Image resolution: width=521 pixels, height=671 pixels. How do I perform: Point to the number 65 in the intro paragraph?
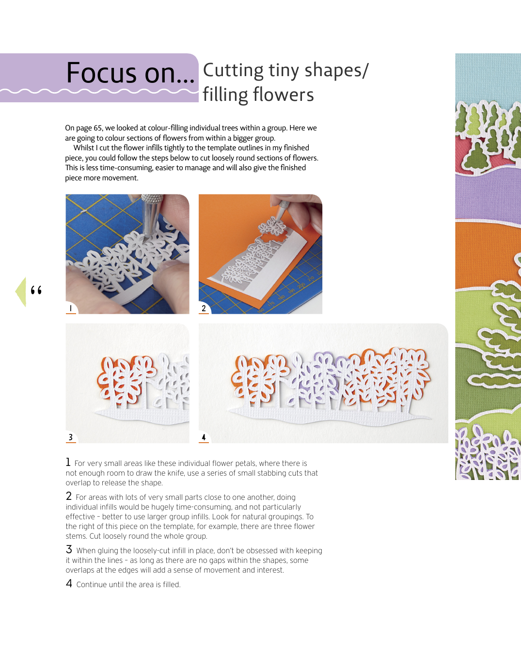pyautogui.click(x=97, y=128)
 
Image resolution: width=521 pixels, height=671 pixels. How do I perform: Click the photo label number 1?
pyautogui.click(x=71, y=308)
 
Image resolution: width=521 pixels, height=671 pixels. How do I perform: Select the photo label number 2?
pyautogui.click(x=204, y=308)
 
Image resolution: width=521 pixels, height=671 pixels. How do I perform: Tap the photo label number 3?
pyautogui.click(x=71, y=437)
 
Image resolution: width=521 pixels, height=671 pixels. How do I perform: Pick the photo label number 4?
pyautogui.click(x=204, y=437)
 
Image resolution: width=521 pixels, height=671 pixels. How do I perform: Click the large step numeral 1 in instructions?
pyautogui.click(x=68, y=462)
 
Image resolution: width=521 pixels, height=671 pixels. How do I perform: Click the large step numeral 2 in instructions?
pyautogui.click(x=69, y=496)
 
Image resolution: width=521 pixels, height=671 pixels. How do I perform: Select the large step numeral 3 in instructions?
pyautogui.click(x=69, y=549)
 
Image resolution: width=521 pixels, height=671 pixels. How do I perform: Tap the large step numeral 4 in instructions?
pyautogui.click(x=69, y=583)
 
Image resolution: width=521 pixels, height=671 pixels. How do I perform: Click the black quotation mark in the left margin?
pyautogui.click(x=36, y=290)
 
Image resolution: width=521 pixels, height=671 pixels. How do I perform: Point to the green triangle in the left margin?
pyautogui.click(x=21, y=292)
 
